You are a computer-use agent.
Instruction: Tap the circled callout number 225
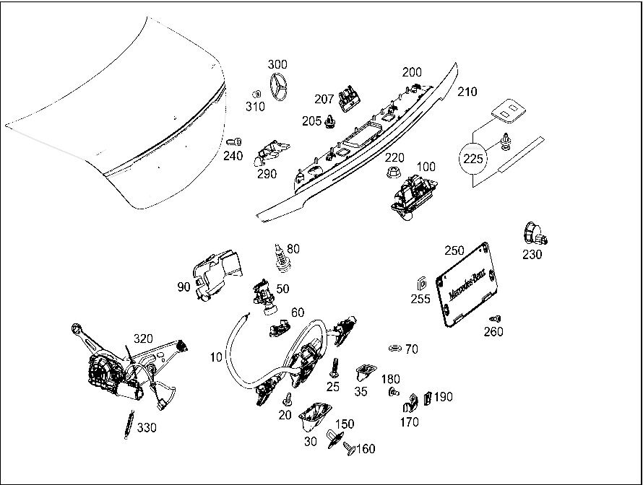point(474,159)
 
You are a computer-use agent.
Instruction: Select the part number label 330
point(146,428)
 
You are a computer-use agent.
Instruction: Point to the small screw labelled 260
point(495,318)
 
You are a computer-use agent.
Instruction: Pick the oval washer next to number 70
point(394,349)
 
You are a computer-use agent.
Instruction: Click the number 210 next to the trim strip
point(467,92)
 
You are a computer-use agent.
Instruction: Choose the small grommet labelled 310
point(255,94)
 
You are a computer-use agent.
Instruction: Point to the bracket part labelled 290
point(271,152)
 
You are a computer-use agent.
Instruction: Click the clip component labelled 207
point(350,97)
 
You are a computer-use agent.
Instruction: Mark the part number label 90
point(184,287)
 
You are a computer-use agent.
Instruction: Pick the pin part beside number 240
point(234,141)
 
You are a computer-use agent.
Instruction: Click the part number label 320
point(143,338)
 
